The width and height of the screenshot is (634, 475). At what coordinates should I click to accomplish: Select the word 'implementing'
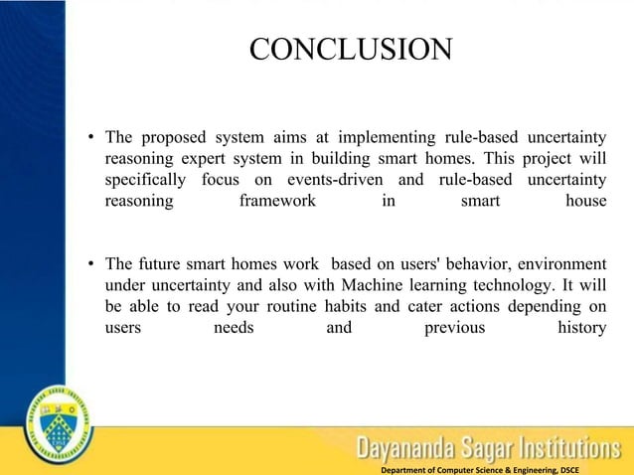[x=385, y=136]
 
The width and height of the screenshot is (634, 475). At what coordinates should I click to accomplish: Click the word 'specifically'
[x=145, y=180]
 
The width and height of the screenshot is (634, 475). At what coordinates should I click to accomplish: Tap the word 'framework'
[x=277, y=202]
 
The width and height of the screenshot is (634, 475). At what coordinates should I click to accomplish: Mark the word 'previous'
[x=454, y=329]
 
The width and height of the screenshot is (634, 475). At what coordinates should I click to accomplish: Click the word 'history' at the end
[x=582, y=329]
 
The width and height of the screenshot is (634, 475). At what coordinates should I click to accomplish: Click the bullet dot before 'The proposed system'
[x=90, y=137]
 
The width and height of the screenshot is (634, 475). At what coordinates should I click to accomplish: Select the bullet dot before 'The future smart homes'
[x=90, y=264]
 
